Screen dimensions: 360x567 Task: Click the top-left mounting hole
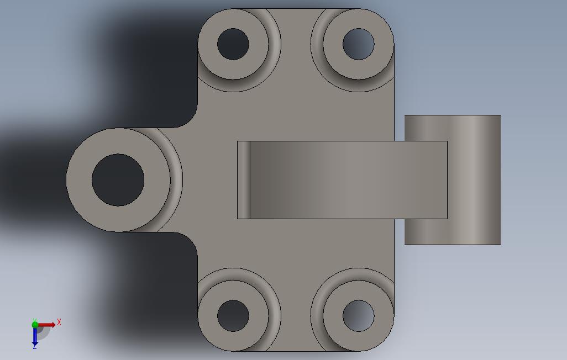233,44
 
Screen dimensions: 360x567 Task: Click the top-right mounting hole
358,44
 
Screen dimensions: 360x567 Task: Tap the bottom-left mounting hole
233,316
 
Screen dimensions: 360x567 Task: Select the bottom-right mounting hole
358,316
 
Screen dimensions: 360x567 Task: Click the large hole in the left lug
118,180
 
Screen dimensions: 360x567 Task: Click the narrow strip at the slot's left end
244,180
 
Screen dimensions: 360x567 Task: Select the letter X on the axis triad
59,322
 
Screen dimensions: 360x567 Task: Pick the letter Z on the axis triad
34,347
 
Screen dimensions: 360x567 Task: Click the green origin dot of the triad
35,325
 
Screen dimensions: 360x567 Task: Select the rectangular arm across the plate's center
348,180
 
